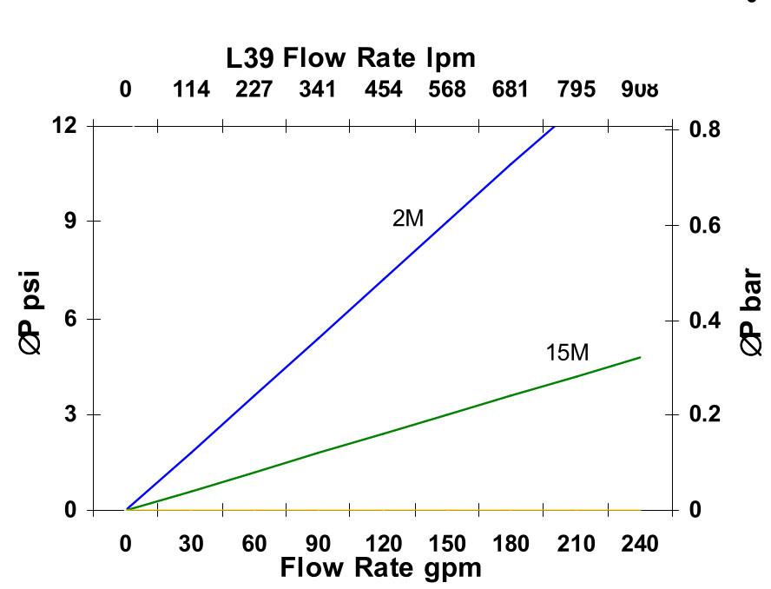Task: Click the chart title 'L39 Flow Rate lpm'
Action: click(x=351, y=58)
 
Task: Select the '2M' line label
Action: click(x=408, y=218)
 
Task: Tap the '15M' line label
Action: click(x=567, y=353)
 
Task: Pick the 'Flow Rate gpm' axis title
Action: click(x=380, y=568)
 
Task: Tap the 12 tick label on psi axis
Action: click(x=64, y=126)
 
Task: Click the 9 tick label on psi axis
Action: click(x=70, y=221)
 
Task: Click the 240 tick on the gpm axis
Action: click(x=640, y=545)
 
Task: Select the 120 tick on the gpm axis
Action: click(x=383, y=545)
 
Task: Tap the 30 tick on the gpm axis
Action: click(x=191, y=545)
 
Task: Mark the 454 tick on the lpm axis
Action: click(x=383, y=89)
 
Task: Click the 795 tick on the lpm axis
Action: click(x=576, y=89)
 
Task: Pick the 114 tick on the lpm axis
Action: click(x=191, y=89)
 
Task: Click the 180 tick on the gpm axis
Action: click(x=511, y=545)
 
